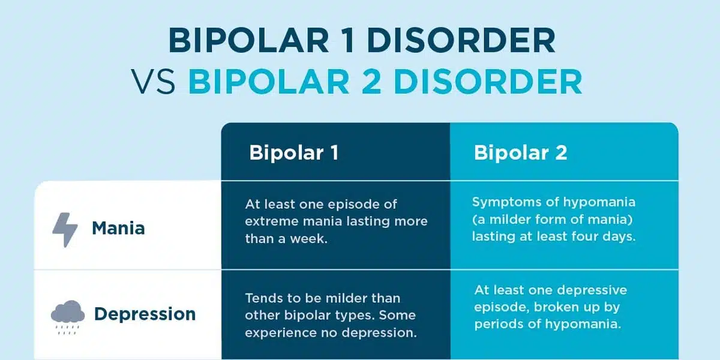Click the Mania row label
(118, 229)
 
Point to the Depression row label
(145, 314)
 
